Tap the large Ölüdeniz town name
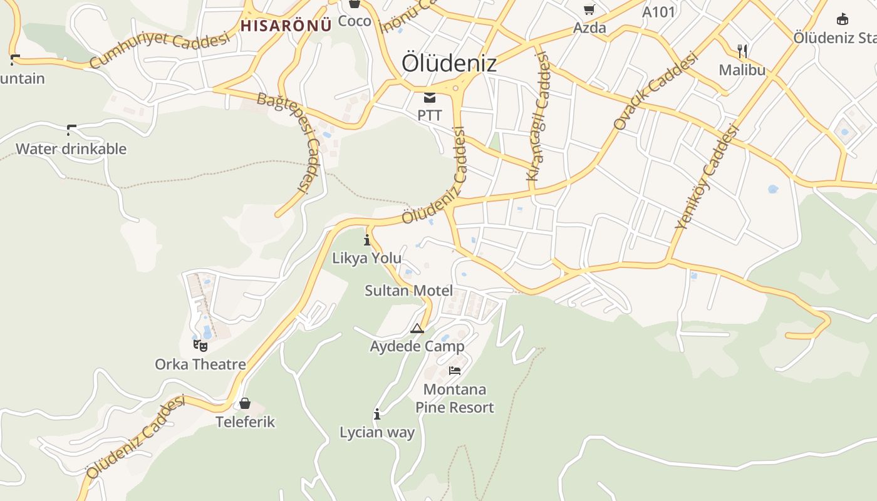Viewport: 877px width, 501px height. click(449, 63)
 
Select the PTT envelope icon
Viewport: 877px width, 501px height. click(430, 97)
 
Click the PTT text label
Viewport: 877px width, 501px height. click(430, 115)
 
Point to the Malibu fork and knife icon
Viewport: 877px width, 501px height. click(742, 51)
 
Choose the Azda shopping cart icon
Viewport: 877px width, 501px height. click(589, 9)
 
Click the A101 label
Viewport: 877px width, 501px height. click(659, 11)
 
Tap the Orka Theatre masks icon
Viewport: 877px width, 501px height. click(200, 345)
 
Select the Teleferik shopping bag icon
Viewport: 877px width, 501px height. click(245, 403)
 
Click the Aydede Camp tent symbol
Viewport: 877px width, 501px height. click(417, 328)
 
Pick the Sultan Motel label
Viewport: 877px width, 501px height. click(408, 291)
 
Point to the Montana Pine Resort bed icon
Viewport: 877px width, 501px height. click(455, 371)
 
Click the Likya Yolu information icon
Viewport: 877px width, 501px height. click(367, 240)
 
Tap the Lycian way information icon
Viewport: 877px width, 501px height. click(377, 414)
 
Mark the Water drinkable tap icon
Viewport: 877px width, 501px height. click(71, 130)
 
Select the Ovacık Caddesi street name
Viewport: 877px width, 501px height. click(655, 91)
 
